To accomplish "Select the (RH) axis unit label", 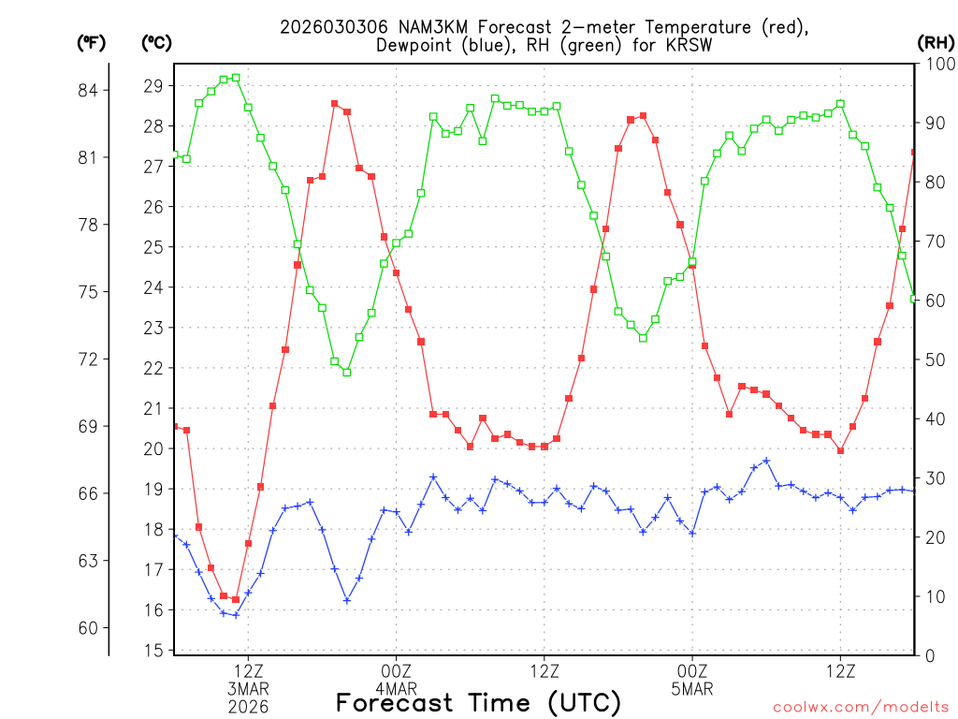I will point(936,42).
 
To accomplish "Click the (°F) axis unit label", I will point(92,42).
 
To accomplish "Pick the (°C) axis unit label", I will point(157,42).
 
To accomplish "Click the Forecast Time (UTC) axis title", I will point(478,702).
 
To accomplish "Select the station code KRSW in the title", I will point(689,45).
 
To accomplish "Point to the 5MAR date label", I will point(692,689).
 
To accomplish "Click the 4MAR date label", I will point(396,689).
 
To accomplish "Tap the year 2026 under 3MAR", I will point(248,706).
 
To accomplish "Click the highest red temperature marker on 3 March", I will point(334,103).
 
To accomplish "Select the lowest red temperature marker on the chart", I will point(236,599).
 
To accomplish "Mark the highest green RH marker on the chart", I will point(236,78).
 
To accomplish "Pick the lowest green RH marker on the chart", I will point(346,372).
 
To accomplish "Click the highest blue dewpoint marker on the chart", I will point(766,461).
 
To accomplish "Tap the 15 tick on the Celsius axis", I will point(155,650).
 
